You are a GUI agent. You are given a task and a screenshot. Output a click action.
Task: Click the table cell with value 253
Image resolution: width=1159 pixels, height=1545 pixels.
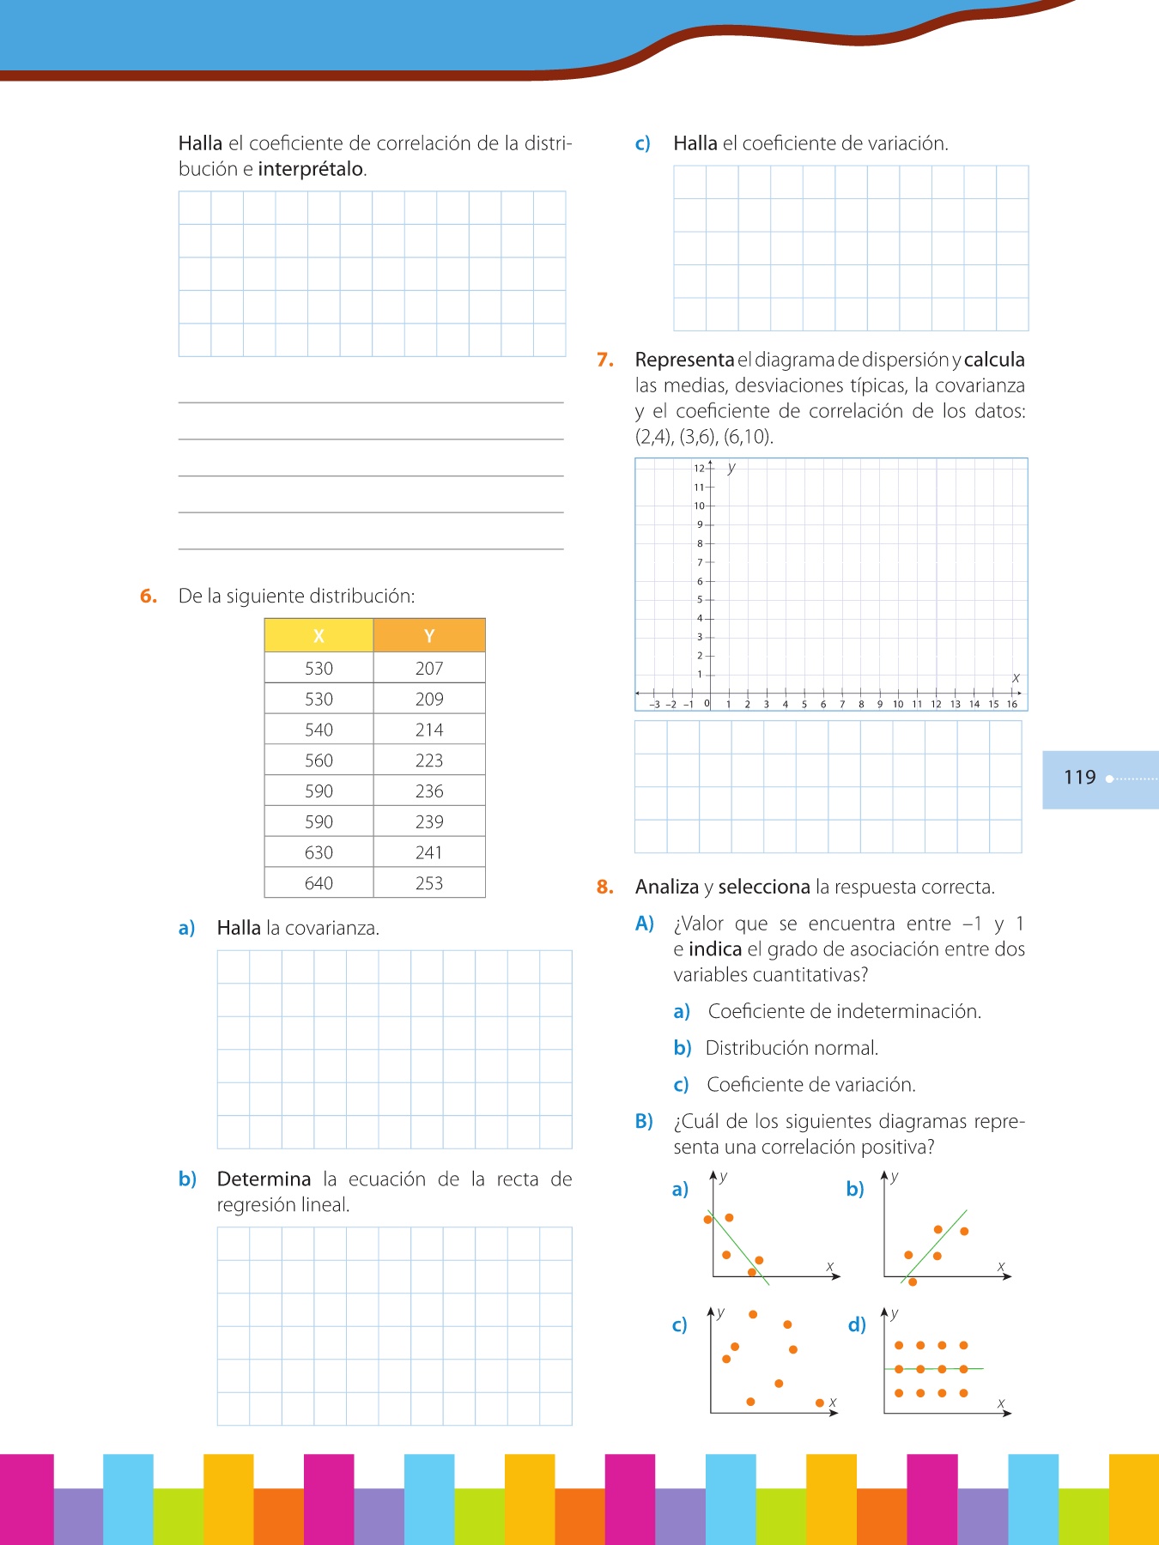point(429,883)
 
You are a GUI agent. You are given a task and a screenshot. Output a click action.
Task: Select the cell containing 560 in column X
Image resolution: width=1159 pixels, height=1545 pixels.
point(319,760)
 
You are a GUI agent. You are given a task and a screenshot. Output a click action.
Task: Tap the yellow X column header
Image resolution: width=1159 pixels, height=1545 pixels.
point(319,636)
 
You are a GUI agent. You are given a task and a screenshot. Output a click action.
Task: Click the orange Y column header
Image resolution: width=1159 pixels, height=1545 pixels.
point(429,636)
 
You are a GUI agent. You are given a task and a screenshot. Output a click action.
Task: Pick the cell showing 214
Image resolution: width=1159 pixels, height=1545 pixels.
point(429,730)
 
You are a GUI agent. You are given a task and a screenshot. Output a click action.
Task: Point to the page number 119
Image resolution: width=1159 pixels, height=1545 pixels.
point(1079,778)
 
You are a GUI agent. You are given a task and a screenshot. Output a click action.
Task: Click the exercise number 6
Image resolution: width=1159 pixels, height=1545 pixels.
point(149,597)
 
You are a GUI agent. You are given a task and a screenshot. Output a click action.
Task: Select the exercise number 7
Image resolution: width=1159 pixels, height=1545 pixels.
point(605,360)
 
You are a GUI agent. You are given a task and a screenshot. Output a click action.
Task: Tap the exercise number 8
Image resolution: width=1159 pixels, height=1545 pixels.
point(605,887)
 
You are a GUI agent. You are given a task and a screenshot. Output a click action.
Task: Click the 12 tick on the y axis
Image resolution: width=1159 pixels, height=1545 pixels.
point(700,469)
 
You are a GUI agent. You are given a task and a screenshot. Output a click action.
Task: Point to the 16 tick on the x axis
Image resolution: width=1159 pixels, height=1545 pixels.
point(1012,704)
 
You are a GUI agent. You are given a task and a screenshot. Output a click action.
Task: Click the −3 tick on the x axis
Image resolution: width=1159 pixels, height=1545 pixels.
point(655,704)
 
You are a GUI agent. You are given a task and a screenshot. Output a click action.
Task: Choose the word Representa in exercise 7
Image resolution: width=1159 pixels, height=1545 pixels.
point(684,360)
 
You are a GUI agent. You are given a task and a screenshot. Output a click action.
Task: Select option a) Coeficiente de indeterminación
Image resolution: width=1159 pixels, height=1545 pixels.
point(843,1011)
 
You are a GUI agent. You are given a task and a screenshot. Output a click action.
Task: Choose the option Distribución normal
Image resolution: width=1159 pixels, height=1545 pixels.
point(791,1048)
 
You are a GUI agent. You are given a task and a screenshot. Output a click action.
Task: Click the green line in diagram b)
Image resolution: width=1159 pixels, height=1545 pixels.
point(936,1245)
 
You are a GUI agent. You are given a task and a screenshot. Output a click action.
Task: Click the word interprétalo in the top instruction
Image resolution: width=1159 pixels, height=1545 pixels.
point(311,169)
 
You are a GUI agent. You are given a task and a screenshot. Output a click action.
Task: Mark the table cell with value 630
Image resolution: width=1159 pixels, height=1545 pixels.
point(319,852)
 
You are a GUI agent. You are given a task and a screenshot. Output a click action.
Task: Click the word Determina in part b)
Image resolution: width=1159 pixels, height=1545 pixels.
point(264,1179)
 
